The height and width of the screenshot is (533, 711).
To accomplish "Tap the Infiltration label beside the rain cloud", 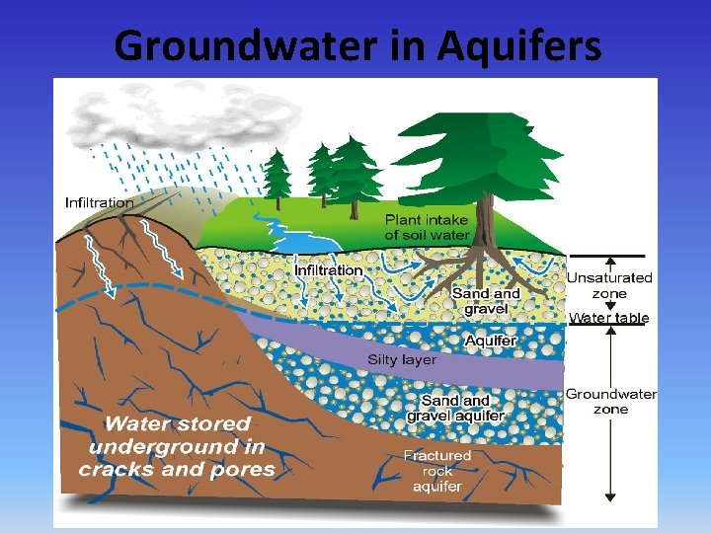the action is tap(100, 202).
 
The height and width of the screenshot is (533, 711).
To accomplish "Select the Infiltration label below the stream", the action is tap(329, 269).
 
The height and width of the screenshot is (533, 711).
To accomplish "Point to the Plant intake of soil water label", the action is tap(428, 227).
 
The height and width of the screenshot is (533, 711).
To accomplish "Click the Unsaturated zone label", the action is tap(609, 285).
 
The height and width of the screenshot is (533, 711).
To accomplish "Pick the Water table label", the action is tap(609, 318).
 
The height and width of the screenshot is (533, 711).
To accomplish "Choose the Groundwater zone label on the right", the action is tap(610, 401).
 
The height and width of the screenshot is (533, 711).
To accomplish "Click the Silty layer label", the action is tap(402, 359).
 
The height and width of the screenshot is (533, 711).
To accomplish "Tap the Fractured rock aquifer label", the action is tap(437, 471).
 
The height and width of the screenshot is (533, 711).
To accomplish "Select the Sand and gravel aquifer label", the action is tap(455, 408).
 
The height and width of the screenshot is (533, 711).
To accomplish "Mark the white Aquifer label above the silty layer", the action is tap(491, 341).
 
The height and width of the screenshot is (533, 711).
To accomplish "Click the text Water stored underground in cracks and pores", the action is tap(178, 446).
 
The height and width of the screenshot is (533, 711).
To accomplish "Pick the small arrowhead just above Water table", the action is tap(610, 306).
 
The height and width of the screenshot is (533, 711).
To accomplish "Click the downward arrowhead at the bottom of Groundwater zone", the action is tap(610, 495).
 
